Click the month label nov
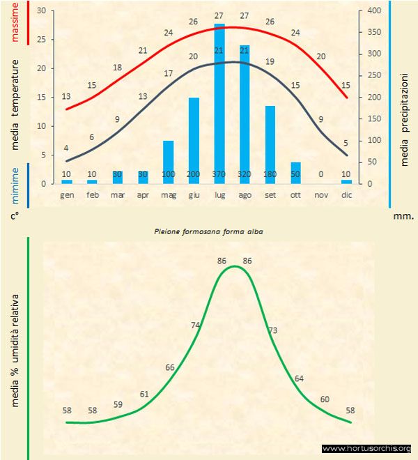point(321,194)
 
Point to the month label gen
point(67,194)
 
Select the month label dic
point(346,194)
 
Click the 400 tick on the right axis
point(375,11)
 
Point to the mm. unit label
point(403,216)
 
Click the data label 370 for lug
point(219,174)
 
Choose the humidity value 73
point(273,330)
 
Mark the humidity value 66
point(171,367)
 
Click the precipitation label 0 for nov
point(321,174)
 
